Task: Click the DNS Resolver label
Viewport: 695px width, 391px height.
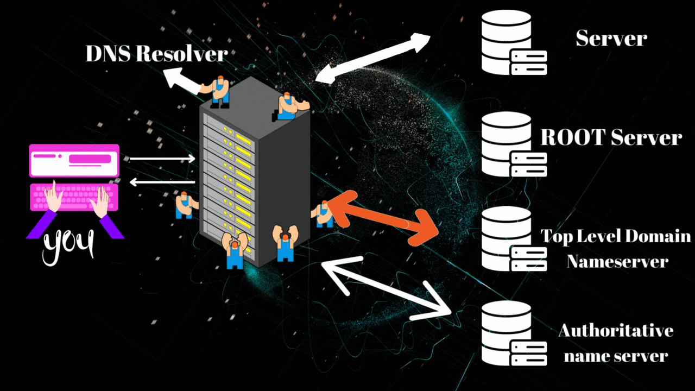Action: tap(156, 54)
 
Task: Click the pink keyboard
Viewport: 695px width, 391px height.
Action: tap(74, 197)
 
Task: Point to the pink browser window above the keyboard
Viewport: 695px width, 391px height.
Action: tap(74, 160)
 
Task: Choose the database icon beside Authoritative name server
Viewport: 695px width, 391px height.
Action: tap(513, 333)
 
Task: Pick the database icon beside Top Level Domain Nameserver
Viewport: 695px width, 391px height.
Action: tap(513, 239)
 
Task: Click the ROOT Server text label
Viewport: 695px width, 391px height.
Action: tap(611, 137)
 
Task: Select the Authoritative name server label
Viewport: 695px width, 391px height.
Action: tap(616, 343)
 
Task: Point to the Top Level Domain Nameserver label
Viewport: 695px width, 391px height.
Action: tap(616, 248)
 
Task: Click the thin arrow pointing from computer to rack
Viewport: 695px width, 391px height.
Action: tap(162, 159)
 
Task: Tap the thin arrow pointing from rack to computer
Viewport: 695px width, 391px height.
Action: tap(162, 182)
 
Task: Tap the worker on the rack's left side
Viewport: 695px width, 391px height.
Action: tap(185, 205)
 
